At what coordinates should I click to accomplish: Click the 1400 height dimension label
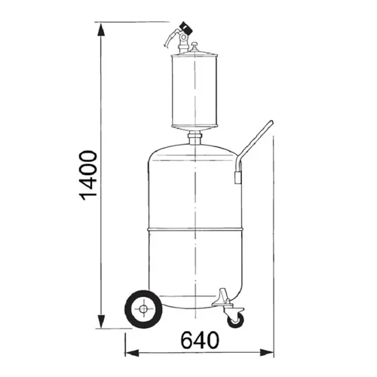tap(88, 175)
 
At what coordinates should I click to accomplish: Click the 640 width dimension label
tap(200, 340)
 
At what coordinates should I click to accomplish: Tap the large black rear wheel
tap(143, 309)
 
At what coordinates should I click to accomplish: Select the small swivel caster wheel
tap(235, 320)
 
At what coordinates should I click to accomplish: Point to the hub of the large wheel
tap(143, 309)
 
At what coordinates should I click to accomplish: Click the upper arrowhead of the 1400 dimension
tap(101, 29)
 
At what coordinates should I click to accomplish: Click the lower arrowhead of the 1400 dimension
tap(101, 322)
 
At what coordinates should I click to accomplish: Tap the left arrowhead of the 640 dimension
tap(132, 353)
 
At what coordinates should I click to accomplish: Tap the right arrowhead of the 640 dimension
tap(267, 353)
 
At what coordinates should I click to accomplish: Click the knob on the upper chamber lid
tap(195, 46)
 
